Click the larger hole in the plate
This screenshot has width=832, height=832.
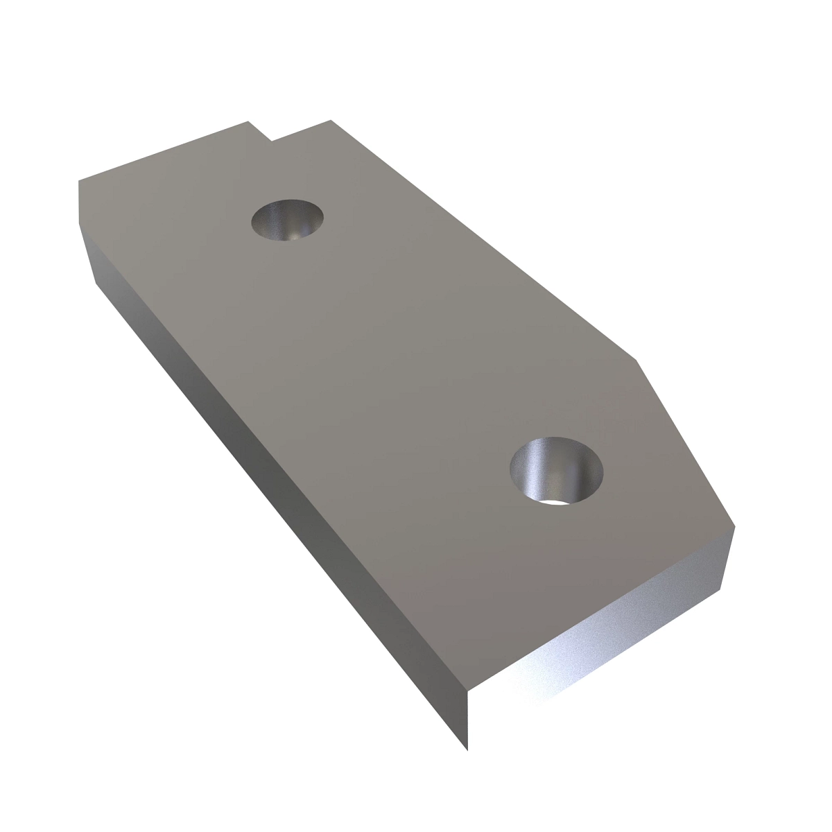tap(557, 470)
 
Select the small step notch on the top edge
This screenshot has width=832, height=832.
tap(260, 132)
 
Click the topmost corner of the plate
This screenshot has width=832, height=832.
tap(331, 120)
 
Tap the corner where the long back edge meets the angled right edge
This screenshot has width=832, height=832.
tap(636, 360)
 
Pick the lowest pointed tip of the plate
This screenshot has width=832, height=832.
tap(467, 750)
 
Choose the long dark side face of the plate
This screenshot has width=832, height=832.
tap(277, 499)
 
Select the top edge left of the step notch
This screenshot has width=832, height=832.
tap(163, 151)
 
